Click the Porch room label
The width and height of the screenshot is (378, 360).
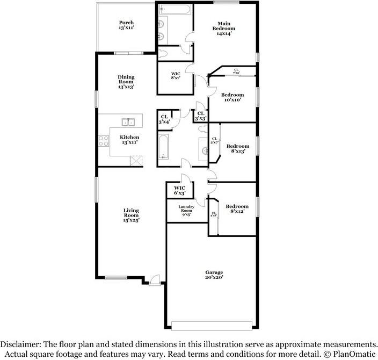(x=126, y=25)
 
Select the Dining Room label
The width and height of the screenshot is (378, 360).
(x=126, y=82)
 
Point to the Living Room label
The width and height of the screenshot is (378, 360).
(x=131, y=215)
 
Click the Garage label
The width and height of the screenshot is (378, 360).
(x=213, y=275)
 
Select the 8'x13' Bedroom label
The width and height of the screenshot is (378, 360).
(x=237, y=149)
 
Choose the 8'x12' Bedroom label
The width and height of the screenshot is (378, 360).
(x=237, y=209)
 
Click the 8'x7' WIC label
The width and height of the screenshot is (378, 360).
(x=176, y=76)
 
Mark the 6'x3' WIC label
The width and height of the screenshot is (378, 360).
(x=179, y=190)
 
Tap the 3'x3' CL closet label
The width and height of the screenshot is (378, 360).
(x=201, y=116)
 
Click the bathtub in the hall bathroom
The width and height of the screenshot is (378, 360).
(x=164, y=146)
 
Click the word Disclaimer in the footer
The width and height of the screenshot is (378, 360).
(x=24, y=344)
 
